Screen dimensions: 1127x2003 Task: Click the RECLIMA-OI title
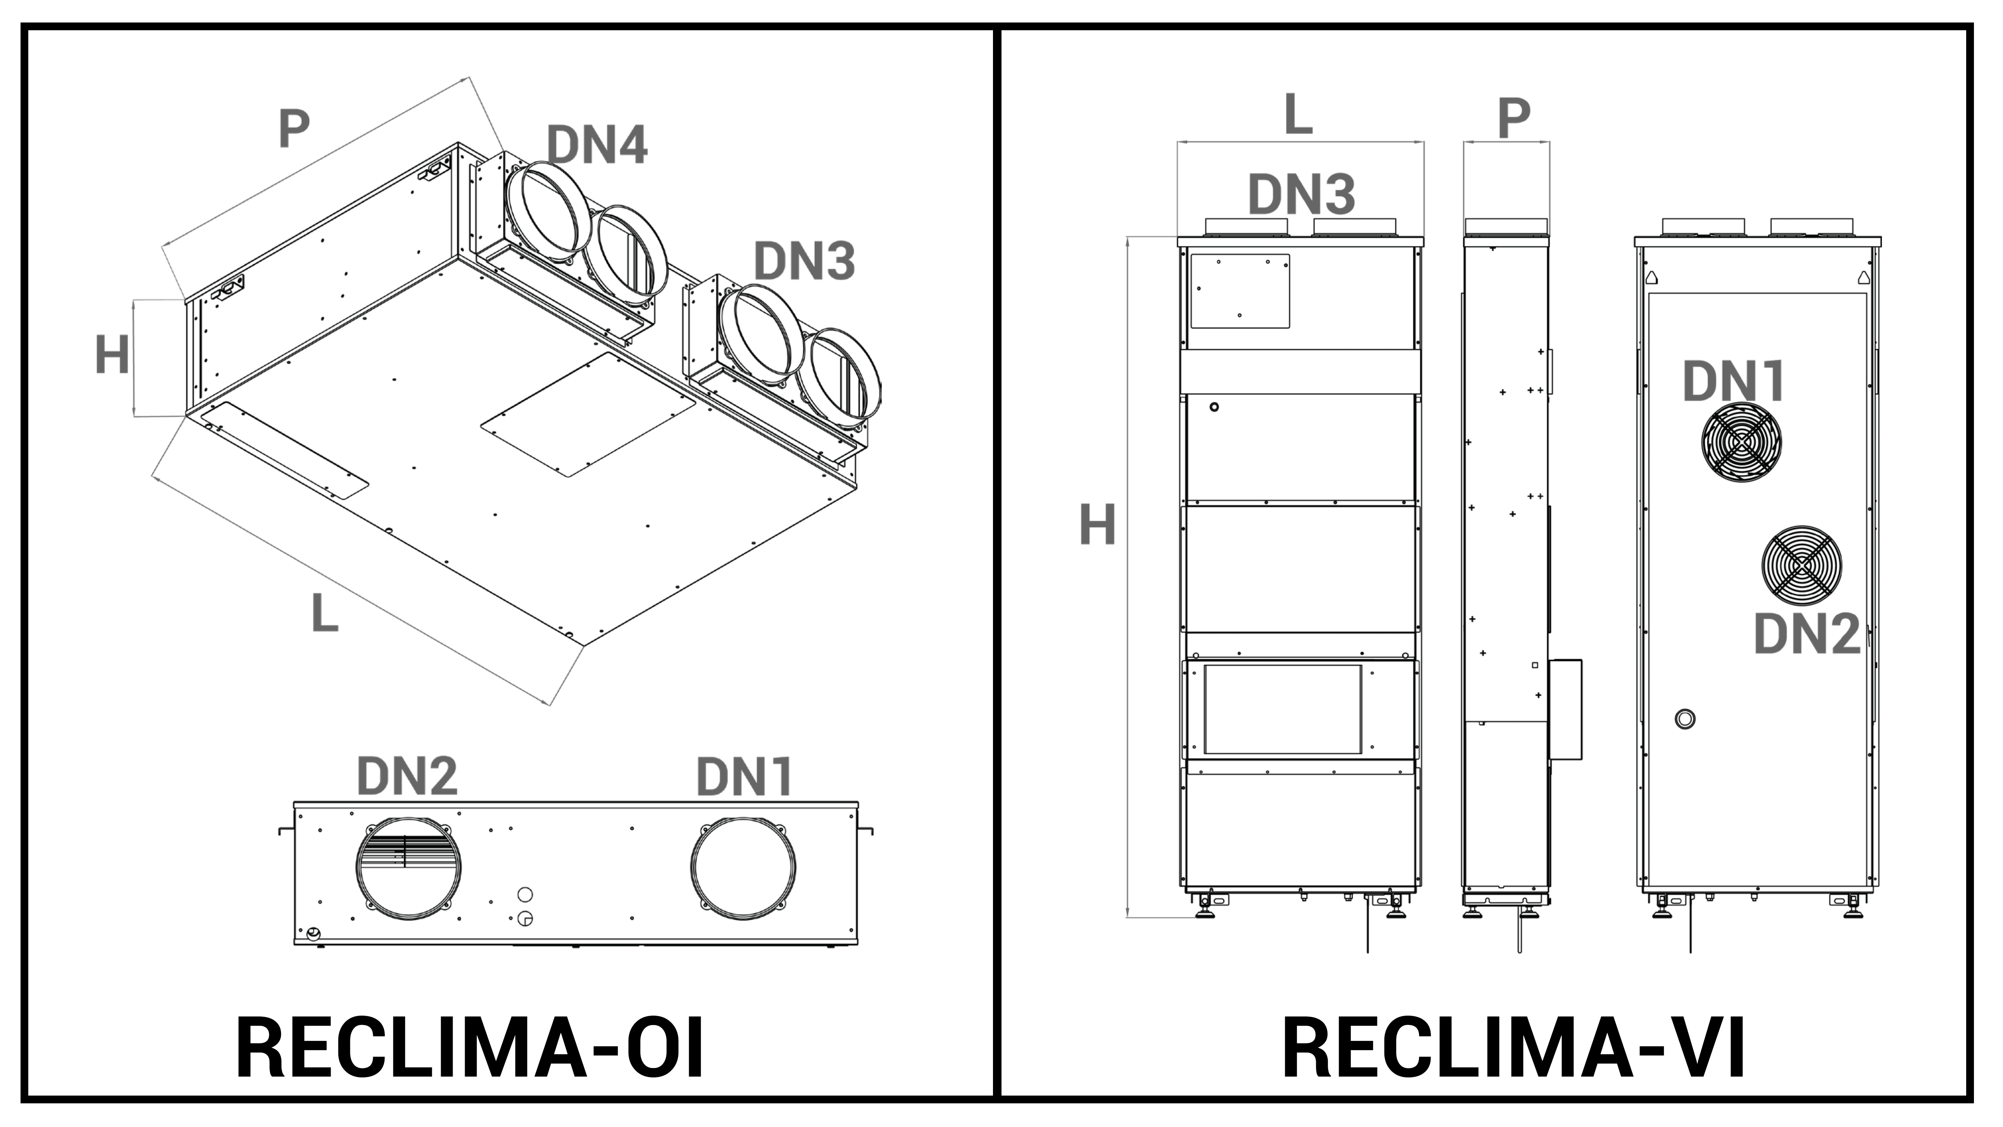click(x=470, y=1047)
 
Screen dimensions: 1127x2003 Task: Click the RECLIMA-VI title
click(x=1513, y=1047)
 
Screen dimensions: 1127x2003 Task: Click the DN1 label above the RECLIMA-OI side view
click(x=744, y=776)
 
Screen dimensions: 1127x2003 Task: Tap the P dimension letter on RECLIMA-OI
click(x=294, y=128)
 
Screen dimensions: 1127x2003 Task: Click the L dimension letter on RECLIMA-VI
click(x=1298, y=115)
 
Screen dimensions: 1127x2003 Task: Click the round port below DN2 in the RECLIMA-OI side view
click(x=408, y=868)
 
